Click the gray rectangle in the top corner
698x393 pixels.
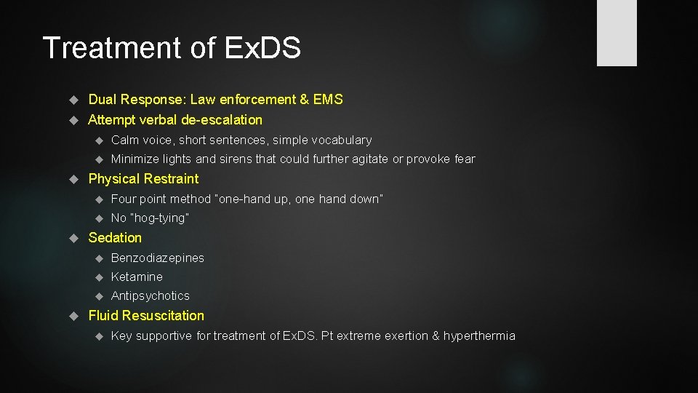(617, 33)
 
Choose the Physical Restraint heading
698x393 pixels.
(143, 179)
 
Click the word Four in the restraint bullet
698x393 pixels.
(124, 199)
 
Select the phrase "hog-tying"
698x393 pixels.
(160, 218)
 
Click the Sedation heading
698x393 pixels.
(115, 238)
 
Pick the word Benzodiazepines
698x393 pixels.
(157, 258)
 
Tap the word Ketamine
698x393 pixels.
(137, 277)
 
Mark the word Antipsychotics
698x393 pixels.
(150, 295)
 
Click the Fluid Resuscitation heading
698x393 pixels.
(145, 316)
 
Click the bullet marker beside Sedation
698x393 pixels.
(73, 238)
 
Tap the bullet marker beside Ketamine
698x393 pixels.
(99, 277)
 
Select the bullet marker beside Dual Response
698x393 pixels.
(73, 100)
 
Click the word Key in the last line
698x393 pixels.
(121, 336)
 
